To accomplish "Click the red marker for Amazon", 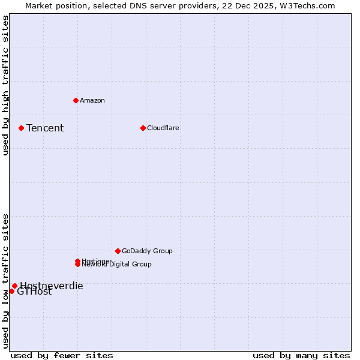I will pos(76,100).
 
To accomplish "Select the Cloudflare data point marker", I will pos(143,128).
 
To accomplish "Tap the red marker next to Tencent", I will pos(21,128).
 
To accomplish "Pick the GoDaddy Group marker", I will pos(118,251).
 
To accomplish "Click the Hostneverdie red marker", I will pos(14,286).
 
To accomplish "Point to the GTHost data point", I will pos(11,291).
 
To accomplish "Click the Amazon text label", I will pos(92,100).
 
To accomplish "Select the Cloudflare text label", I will pos(163,128).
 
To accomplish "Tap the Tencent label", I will pos(45,128).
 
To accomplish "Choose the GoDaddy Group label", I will pos(147,251).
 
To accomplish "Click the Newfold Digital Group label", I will pos(117,265).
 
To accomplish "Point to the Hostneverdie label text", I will pos(52,286).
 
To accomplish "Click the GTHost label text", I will pos(34,292).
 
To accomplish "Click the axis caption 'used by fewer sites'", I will pos(62,355).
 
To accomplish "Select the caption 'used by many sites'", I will pos(301,355).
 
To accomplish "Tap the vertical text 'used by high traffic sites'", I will pos(5,85).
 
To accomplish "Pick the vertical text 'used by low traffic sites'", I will pos(5,280).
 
